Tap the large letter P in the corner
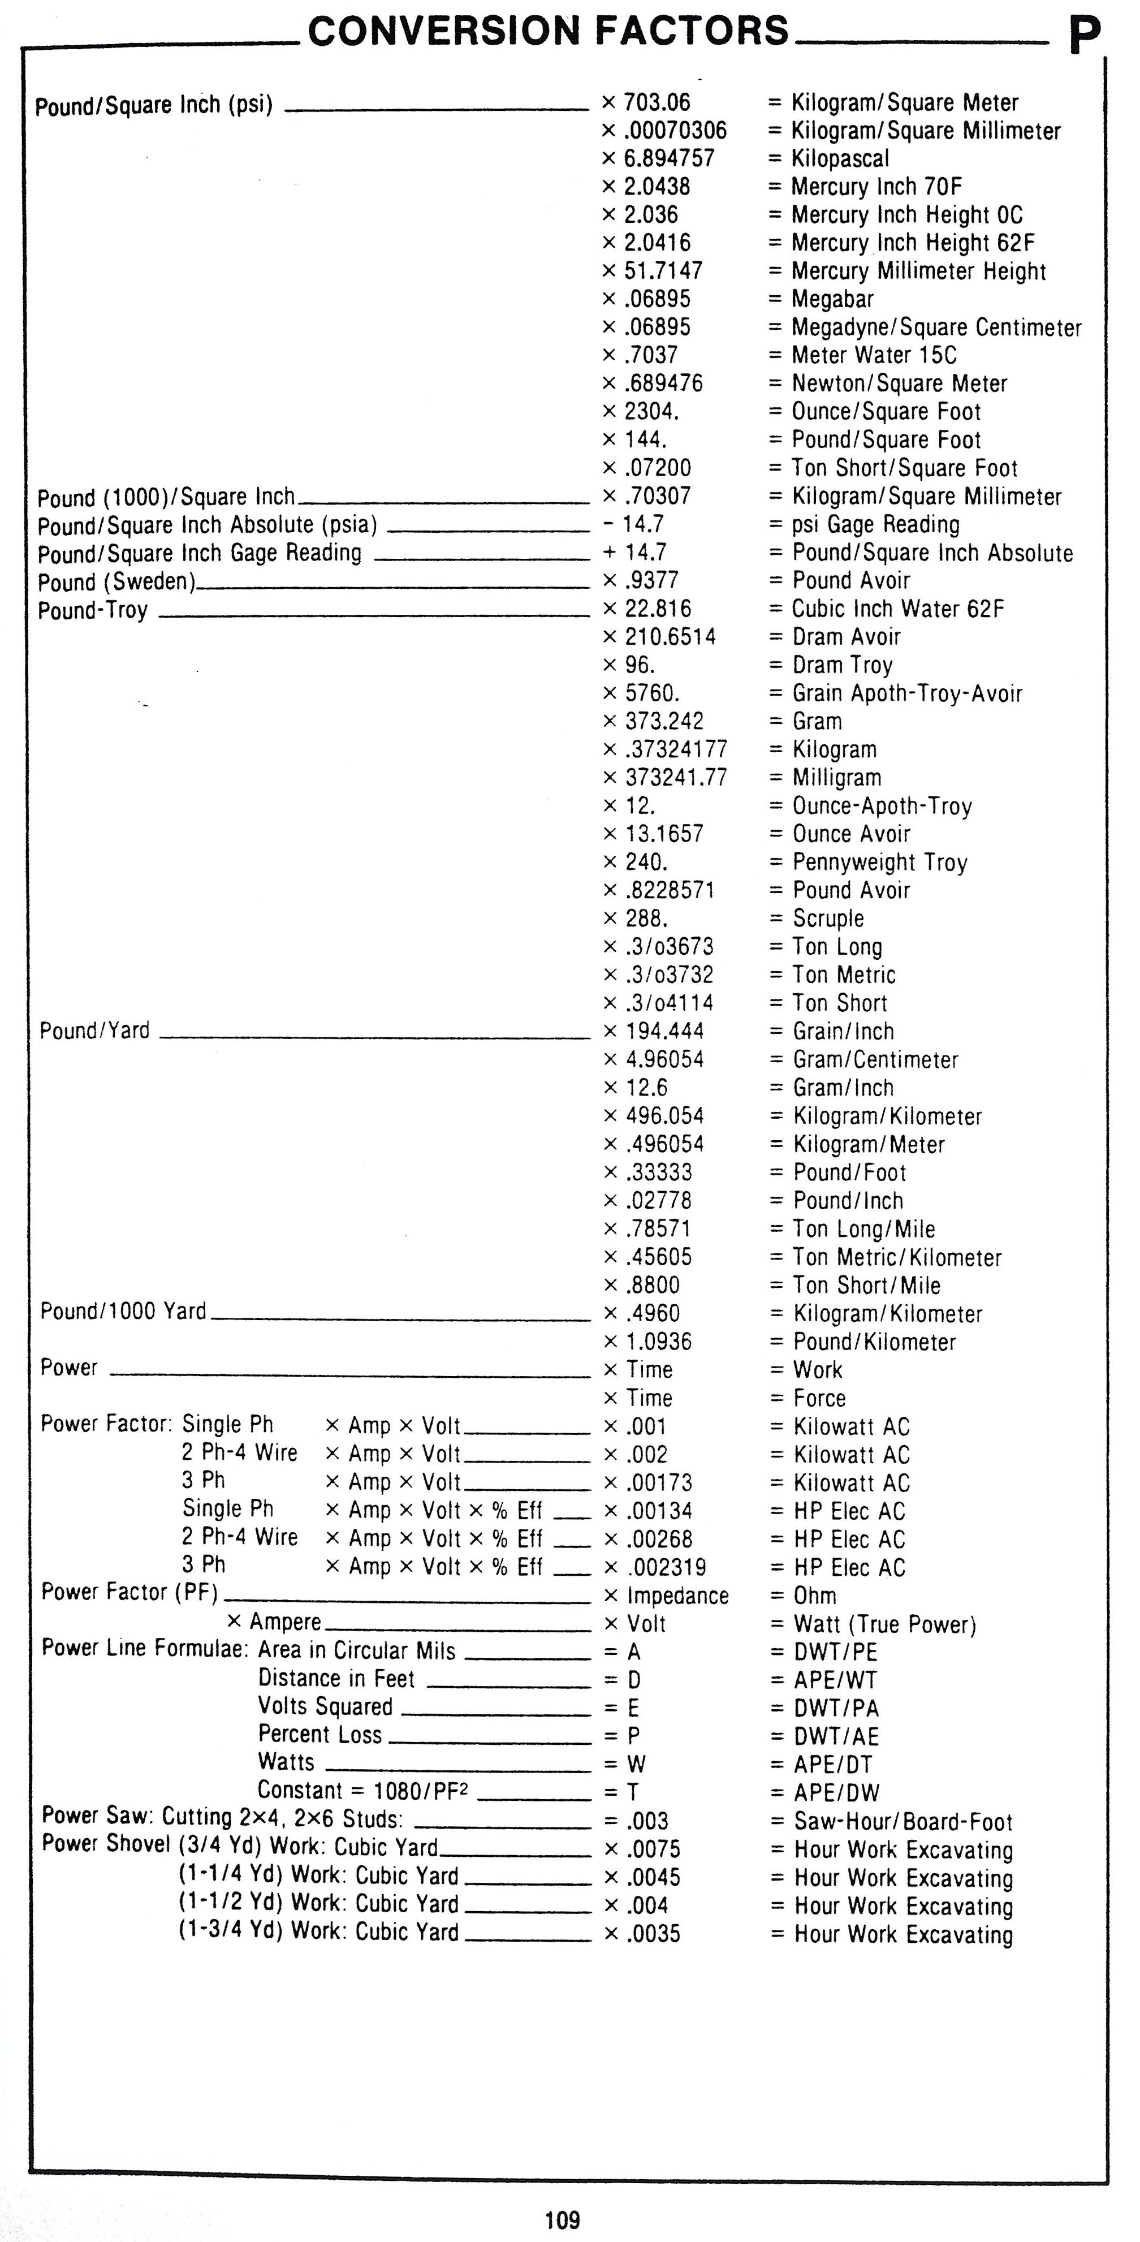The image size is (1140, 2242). click(1085, 37)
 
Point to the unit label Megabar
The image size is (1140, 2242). click(832, 299)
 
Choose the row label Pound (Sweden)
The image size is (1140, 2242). click(116, 581)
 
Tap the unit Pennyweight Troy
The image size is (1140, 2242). click(879, 863)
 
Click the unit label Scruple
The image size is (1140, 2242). click(828, 919)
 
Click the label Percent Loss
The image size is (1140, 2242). click(319, 1735)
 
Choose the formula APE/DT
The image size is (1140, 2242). click(832, 1765)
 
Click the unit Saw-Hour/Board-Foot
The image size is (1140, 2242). click(902, 1822)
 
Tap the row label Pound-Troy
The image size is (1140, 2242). click(92, 610)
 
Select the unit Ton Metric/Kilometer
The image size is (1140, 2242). click(896, 1258)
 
